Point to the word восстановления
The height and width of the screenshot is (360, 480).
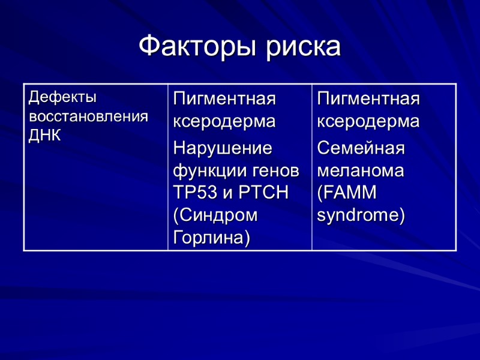88,116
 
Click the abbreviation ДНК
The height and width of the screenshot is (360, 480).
44,135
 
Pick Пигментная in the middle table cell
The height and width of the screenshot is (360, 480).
224,98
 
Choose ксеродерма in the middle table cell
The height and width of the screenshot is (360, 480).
224,121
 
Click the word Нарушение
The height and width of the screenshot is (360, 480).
223,148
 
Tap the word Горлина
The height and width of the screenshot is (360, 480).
210,238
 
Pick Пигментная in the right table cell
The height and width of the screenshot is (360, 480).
368,98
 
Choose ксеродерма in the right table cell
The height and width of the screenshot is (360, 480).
368,121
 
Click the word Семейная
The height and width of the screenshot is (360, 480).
361,148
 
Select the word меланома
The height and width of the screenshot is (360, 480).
361,170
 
